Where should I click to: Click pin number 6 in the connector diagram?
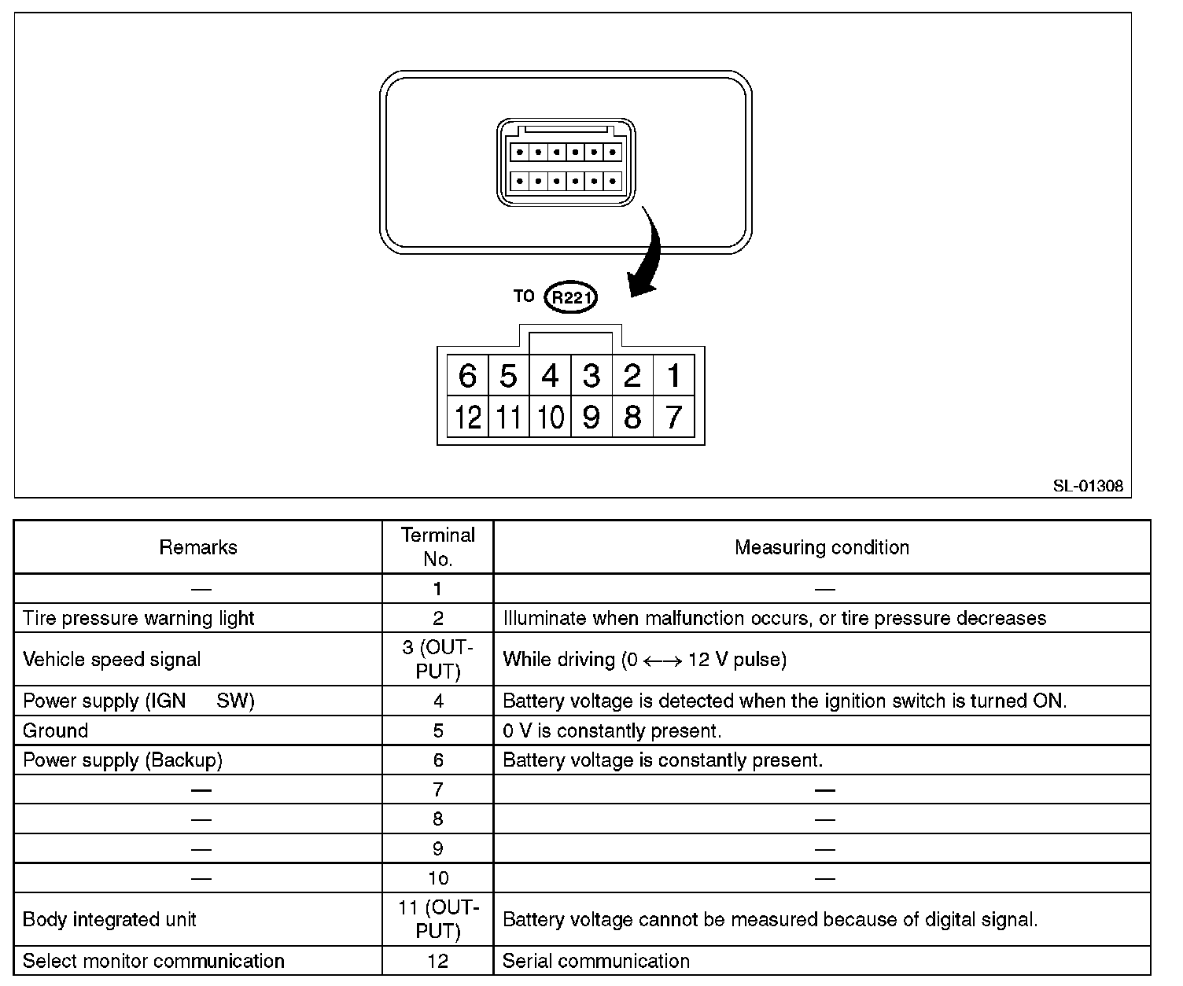click(x=467, y=376)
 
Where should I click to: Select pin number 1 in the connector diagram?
click(x=673, y=376)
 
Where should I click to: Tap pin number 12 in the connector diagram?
click(x=467, y=417)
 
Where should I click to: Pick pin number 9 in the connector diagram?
click(x=591, y=417)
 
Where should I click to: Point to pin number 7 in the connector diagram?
click(x=673, y=417)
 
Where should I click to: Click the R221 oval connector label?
click(x=572, y=298)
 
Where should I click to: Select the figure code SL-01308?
click(x=1088, y=486)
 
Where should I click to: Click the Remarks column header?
click(x=198, y=547)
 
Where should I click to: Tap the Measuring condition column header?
click(x=822, y=547)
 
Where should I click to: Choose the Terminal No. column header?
click(x=438, y=546)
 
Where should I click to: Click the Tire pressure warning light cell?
click(x=138, y=618)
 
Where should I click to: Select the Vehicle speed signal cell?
click(x=112, y=659)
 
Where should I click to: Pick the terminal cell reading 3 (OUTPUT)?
click(x=438, y=659)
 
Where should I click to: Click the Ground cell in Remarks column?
click(x=55, y=730)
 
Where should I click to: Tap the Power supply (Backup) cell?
click(x=123, y=760)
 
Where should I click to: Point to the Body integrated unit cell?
click(x=109, y=919)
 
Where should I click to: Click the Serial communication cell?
click(x=595, y=961)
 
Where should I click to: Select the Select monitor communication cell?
click(x=153, y=961)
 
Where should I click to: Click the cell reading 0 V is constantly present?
click(x=612, y=730)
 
